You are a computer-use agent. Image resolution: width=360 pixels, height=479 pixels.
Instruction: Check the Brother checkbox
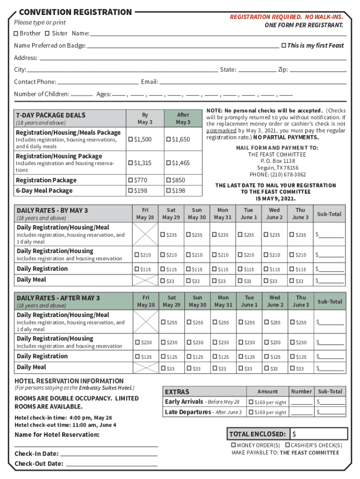pyautogui.click(x=16, y=33)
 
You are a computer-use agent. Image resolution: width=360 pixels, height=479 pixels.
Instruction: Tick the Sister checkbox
pyautogui.click(x=47, y=33)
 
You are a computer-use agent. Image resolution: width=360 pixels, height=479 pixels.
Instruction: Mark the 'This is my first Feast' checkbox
pyautogui.click(x=283, y=45)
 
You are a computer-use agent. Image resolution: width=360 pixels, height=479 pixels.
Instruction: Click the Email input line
pyautogui.click(x=252, y=82)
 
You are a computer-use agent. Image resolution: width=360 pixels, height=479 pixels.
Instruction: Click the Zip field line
pyautogui.click(x=318, y=70)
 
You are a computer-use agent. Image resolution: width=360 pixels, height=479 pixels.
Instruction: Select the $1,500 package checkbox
pyautogui.click(x=130, y=140)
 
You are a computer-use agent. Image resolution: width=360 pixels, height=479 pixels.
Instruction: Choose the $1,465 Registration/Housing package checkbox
pyautogui.click(x=168, y=163)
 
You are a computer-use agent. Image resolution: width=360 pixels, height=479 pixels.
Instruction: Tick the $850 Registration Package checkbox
pyautogui.click(x=168, y=180)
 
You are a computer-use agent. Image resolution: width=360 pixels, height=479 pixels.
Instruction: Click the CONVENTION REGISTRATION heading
pyautogui.click(x=75, y=12)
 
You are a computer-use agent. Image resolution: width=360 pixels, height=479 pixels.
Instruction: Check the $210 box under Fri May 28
pyautogui.click(x=137, y=255)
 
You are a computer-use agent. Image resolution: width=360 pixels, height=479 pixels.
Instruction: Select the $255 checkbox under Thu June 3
pyautogui.click(x=293, y=322)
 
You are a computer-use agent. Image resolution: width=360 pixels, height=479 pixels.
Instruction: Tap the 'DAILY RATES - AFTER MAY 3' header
pyautogui.click(x=58, y=298)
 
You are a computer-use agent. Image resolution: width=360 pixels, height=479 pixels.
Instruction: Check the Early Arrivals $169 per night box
pyautogui.click(x=251, y=402)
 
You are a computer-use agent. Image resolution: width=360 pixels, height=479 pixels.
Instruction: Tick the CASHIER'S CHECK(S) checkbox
pyautogui.click(x=288, y=445)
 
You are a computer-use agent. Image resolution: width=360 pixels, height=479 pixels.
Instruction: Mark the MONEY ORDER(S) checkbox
pyautogui.click(x=234, y=445)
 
